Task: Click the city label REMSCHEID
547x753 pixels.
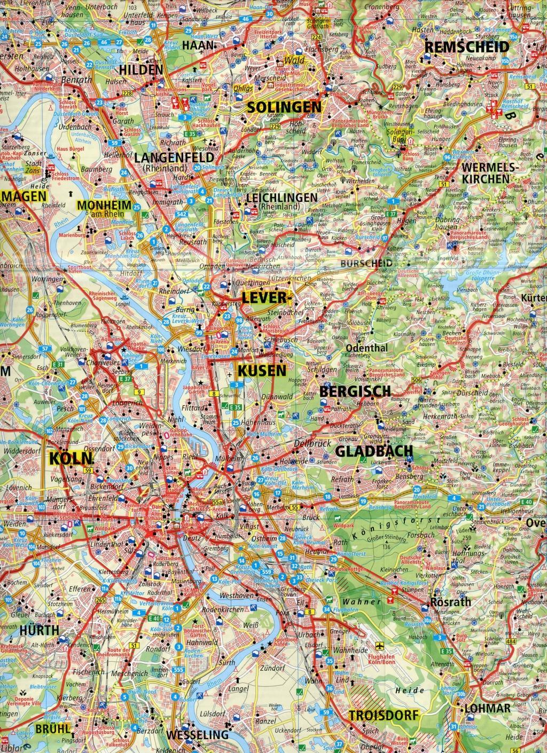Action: (466, 46)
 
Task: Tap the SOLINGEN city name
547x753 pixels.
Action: (284, 107)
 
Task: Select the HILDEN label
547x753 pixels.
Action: (141, 70)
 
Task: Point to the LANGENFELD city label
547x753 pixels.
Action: (174, 158)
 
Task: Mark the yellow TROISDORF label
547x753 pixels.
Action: (382, 715)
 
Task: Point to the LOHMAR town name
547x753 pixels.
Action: (488, 708)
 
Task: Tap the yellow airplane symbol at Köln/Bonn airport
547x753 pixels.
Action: (380, 645)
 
